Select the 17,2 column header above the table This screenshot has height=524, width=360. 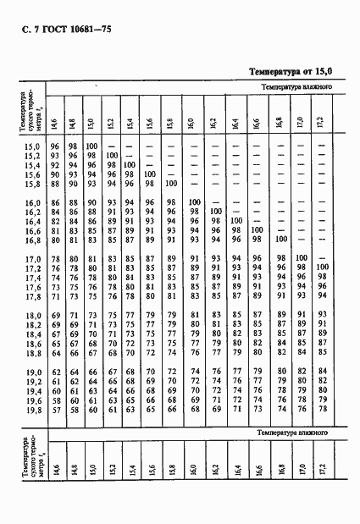tap(318, 119)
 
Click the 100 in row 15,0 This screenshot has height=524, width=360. tap(91, 146)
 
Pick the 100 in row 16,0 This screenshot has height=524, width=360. tap(193, 202)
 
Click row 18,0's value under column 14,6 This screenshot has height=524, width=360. tap(53, 315)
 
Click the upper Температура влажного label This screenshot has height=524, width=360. tap(301, 87)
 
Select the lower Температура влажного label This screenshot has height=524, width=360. tap(288, 434)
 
